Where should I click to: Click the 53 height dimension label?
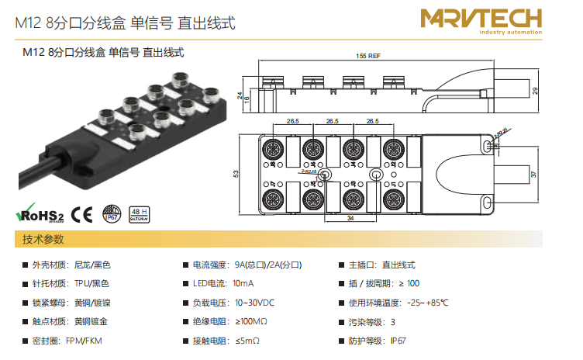coord(236,174)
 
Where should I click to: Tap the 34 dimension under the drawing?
coord(350,219)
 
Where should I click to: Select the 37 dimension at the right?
coord(536,175)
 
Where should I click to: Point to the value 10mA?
coord(243,283)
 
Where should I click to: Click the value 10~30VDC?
coord(254,303)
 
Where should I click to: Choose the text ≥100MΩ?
coord(250,321)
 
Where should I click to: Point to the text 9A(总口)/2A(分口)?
coord(267,265)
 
